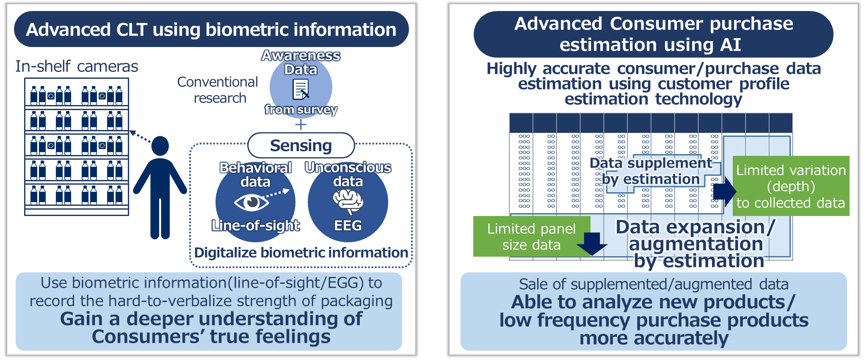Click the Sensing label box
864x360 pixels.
[x=301, y=145]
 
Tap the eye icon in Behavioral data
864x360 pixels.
[x=251, y=202]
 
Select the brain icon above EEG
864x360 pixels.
[x=348, y=201]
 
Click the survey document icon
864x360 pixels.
[x=301, y=89]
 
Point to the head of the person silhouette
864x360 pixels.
[x=160, y=146]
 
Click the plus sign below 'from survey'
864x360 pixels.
[x=301, y=125]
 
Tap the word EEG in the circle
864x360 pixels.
[x=348, y=225]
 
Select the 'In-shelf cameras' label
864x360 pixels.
[x=77, y=66]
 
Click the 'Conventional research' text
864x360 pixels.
[x=218, y=90]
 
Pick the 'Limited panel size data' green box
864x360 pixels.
[x=531, y=237]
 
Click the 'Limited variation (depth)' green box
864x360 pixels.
[x=791, y=186]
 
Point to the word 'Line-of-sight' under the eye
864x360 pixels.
[x=256, y=225]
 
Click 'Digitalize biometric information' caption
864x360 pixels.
[x=301, y=252]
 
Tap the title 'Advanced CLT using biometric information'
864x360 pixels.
[x=211, y=30]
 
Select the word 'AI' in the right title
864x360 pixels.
[x=731, y=45]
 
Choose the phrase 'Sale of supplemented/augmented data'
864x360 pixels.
[x=654, y=284]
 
